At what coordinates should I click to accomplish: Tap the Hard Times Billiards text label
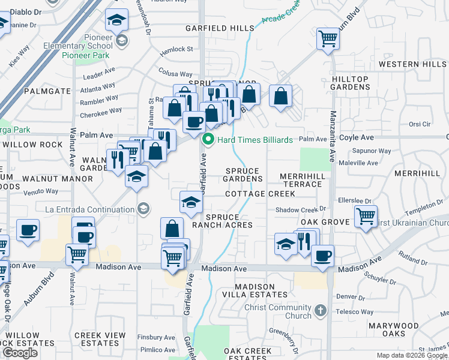coord(255,140)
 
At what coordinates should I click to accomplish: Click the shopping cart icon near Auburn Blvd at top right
coord(328,40)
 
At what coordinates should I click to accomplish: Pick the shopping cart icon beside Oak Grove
coord(366,216)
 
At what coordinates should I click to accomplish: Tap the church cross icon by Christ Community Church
coord(321,311)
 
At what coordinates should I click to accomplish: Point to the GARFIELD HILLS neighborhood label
coord(220,28)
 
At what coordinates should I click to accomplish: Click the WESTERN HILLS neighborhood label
coord(412,64)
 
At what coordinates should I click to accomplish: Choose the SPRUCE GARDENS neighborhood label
coord(244,175)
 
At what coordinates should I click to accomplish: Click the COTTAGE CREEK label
coord(260,194)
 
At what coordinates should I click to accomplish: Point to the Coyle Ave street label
coord(357,137)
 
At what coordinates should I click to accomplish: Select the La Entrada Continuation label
coord(89,209)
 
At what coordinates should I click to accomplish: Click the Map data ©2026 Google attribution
coord(412,355)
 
